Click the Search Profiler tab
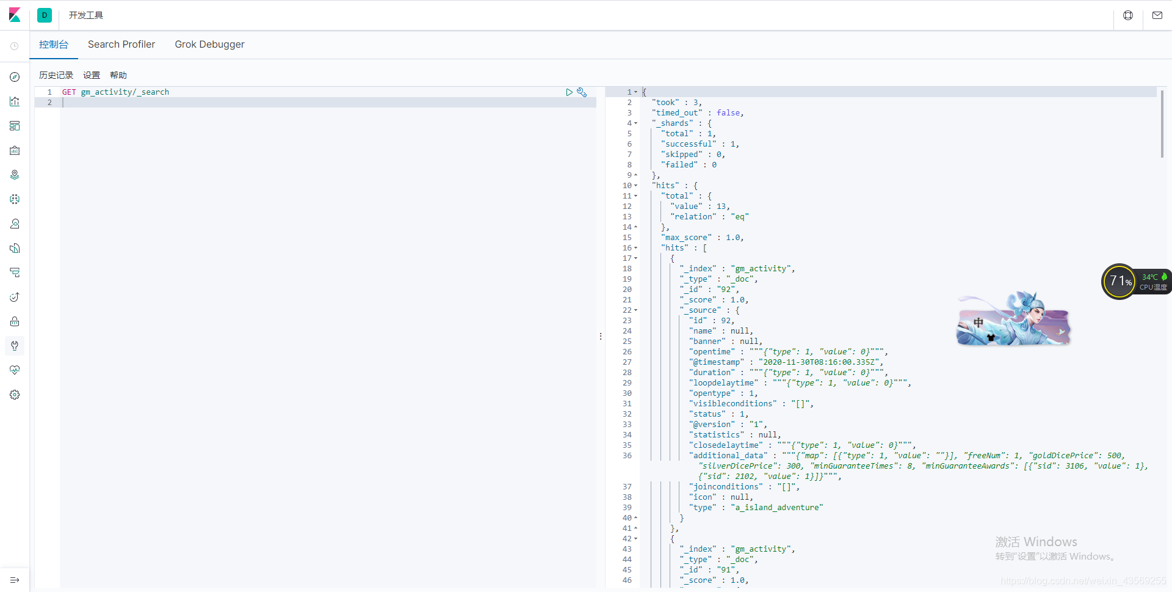(121, 45)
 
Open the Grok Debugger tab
(209, 45)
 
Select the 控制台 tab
(54, 45)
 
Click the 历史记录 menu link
(56, 75)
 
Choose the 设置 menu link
(92, 75)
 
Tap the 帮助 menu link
(118, 75)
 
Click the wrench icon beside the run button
(582, 92)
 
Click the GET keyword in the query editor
(69, 92)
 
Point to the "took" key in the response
(665, 103)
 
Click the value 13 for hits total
(721, 206)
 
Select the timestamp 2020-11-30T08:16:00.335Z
(820, 362)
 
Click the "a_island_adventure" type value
(776, 508)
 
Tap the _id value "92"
(725, 290)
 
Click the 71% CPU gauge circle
(1119, 282)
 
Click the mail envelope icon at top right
(1157, 15)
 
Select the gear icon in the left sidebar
(15, 395)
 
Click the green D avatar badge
(45, 15)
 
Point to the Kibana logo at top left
(15, 15)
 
